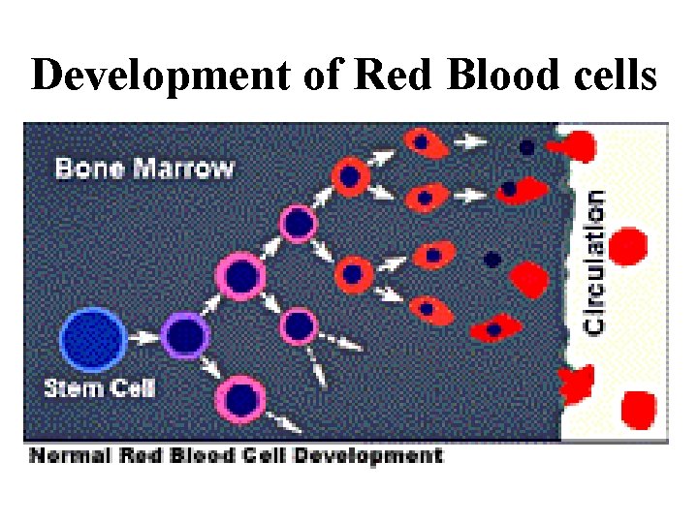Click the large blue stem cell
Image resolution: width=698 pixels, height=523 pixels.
tap(93, 338)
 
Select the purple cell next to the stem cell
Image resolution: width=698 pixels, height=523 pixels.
tap(186, 337)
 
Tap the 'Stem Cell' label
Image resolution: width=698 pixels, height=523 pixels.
tap(99, 389)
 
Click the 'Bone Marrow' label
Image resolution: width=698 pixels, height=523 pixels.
tap(144, 169)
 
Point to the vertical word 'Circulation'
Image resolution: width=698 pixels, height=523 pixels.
tap(595, 261)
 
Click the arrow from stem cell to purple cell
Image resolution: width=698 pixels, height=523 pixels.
tap(143, 338)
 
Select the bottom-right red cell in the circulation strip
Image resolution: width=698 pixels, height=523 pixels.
tap(638, 408)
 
